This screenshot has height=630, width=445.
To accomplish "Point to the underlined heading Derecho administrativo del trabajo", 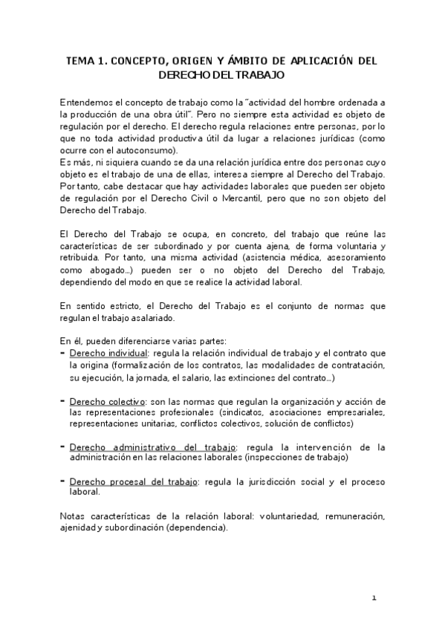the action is (152, 447).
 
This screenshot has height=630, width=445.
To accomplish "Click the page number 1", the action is (374, 597).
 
